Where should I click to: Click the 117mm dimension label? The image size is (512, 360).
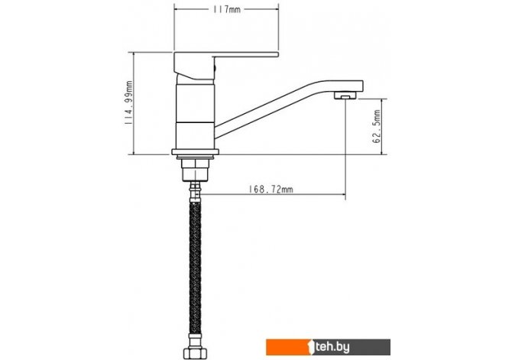click(x=227, y=9)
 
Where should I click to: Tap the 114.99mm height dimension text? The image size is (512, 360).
click(x=128, y=102)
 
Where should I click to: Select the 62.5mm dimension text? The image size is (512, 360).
click(x=377, y=126)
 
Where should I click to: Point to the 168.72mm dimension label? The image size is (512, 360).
click(x=271, y=189)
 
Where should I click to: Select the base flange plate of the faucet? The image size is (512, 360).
click(x=196, y=151)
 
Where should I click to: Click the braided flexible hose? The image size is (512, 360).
click(x=196, y=268)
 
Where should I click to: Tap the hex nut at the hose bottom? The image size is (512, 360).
click(x=196, y=353)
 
